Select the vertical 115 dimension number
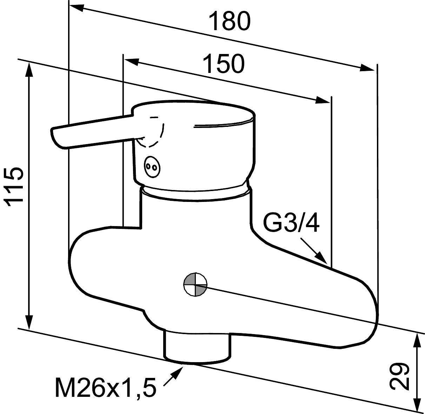(14, 185)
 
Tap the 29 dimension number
(399, 376)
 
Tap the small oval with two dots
(152, 166)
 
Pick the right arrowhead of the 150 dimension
(323, 100)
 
